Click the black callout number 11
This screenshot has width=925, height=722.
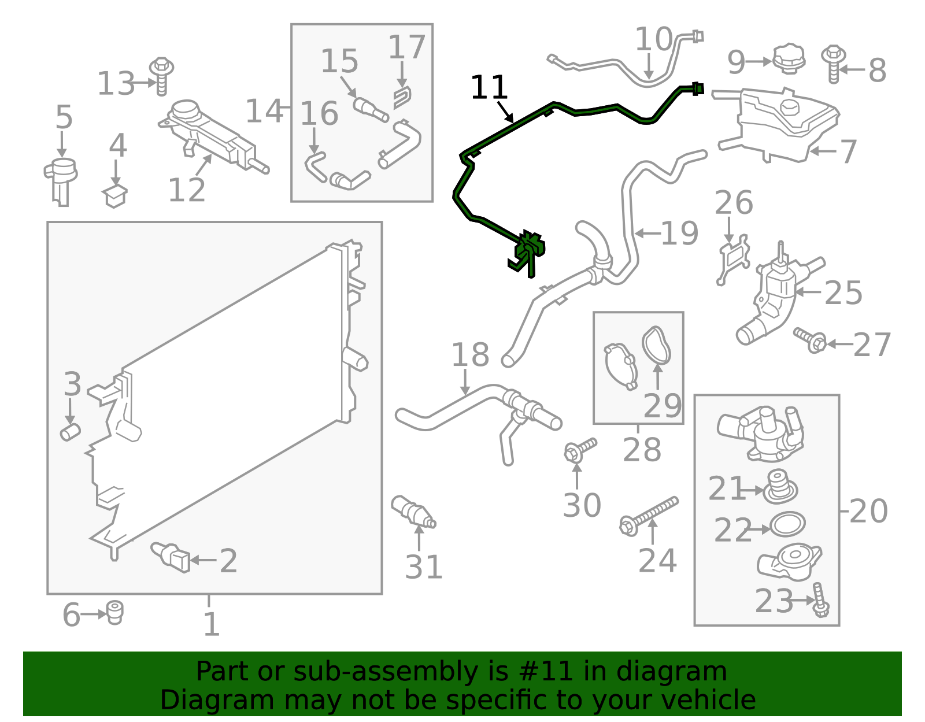[489, 88]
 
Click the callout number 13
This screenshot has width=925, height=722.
[116, 84]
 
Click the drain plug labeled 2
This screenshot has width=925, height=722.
[171, 557]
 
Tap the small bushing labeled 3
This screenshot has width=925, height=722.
[70, 431]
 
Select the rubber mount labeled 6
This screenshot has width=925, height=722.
[115, 612]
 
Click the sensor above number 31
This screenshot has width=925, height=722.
[413, 512]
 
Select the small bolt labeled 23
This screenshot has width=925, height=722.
[820, 600]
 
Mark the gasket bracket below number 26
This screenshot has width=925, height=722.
[733, 259]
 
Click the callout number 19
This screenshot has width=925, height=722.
[679, 233]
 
